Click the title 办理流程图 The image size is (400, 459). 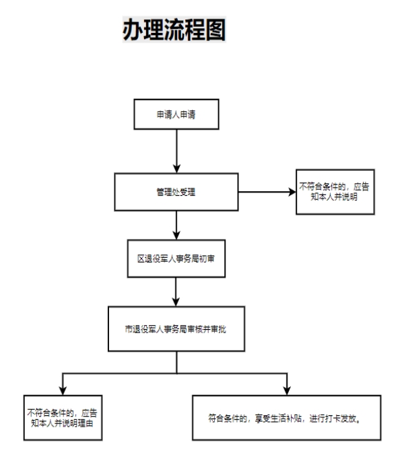(174, 30)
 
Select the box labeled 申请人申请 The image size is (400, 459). (176, 114)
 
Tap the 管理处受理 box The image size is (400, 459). (176, 192)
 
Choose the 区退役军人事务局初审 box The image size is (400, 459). (176, 258)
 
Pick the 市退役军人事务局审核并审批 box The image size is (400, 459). (176, 329)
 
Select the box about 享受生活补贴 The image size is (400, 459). (287, 418)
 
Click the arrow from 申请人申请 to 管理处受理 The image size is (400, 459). (176, 151)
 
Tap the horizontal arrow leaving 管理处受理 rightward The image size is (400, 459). (267, 192)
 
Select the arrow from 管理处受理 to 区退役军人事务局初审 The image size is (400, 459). (176, 225)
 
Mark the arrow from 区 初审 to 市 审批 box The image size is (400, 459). (176, 292)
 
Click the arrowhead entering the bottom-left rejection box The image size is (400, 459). (63, 391)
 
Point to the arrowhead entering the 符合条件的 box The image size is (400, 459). (287, 391)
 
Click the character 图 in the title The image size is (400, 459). (215, 30)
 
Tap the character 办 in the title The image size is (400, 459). (133, 30)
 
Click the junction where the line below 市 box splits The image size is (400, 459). (176, 374)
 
